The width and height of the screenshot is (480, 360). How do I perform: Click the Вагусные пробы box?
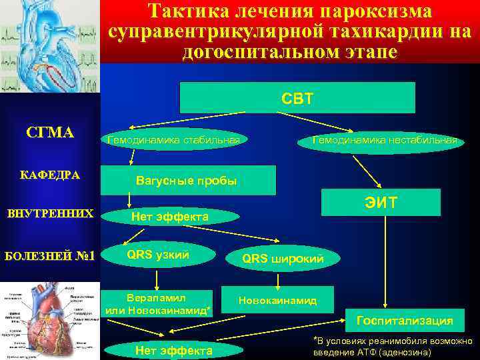[x=187, y=181]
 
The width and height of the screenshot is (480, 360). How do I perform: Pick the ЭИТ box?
[x=381, y=202]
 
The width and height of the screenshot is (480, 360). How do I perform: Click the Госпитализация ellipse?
[x=405, y=321]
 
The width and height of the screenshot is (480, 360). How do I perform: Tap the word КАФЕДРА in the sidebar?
[x=50, y=175]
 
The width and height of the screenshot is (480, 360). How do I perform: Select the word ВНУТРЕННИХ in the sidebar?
[x=50, y=215]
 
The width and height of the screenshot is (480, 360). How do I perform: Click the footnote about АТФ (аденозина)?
[x=393, y=346]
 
